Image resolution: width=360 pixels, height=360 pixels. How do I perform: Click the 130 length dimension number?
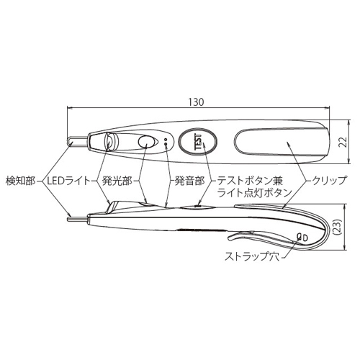[196, 102]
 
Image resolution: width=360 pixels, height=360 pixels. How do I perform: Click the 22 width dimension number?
[344, 143]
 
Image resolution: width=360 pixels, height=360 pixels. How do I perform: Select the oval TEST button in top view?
[198, 142]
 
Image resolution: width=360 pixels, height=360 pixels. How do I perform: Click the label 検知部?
[20, 181]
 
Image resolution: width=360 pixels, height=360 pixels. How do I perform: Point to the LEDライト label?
[69, 181]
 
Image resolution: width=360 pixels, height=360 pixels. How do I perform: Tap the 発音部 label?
[189, 181]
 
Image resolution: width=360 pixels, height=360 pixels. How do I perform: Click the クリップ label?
[329, 181]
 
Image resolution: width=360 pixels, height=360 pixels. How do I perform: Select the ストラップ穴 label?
[252, 256]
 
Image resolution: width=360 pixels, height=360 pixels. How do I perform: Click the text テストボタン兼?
[250, 181]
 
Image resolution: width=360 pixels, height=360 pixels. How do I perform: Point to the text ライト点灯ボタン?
[254, 193]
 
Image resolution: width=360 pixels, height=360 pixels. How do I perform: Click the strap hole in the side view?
[302, 238]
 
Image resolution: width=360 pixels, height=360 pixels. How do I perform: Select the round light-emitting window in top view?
[146, 142]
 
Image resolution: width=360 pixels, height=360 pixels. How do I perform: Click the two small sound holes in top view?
[166, 142]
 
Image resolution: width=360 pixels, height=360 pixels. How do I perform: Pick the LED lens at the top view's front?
[111, 141]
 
